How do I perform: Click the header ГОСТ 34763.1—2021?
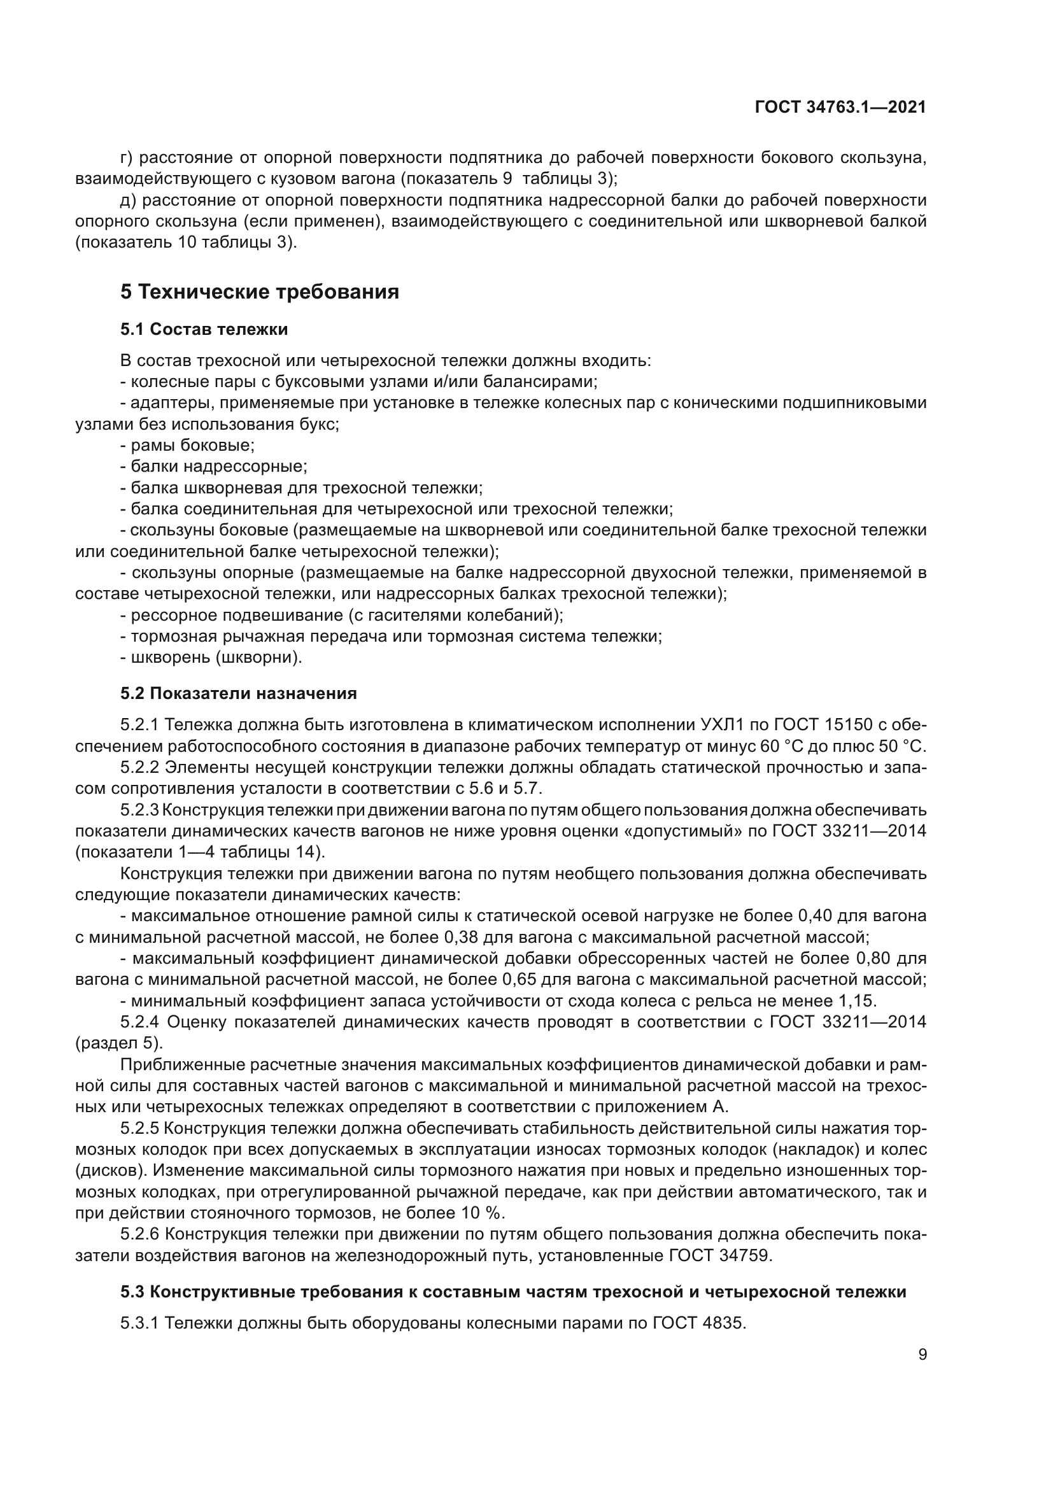click(x=840, y=108)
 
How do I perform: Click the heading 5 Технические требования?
click(x=259, y=292)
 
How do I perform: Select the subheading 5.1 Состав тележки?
click(x=204, y=330)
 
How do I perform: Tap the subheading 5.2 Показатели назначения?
click(x=239, y=693)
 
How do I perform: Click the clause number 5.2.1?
click(x=139, y=724)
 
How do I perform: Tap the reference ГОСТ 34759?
click(x=721, y=1255)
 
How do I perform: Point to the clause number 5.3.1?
click(x=139, y=1322)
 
